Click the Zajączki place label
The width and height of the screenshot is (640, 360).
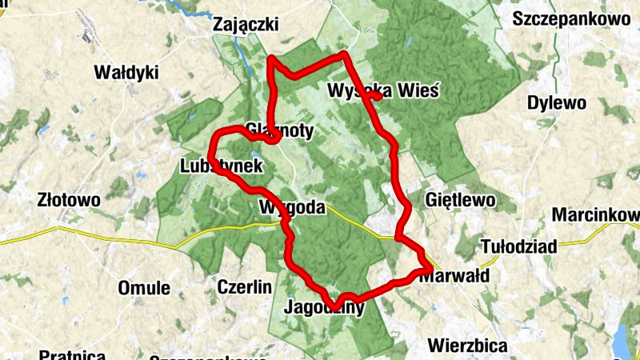click(x=246, y=26)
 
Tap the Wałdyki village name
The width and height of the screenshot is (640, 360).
click(x=126, y=73)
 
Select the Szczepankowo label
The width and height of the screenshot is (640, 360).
click(x=572, y=18)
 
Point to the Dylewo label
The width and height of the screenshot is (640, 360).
click(x=557, y=103)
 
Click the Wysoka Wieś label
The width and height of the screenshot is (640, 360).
click(x=383, y=90)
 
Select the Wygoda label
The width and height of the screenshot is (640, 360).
click(x=293, y=208)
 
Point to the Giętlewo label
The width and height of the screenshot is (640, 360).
click(x=461, y=198)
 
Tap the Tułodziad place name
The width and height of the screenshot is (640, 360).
click(x=518, y=246)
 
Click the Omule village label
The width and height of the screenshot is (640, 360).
click(x=144, y=288)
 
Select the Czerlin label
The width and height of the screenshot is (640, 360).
click(x=246, y=286)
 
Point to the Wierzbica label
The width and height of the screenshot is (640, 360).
click(x=468, y=346)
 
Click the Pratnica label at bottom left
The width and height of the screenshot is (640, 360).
click(x=72, y=354)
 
